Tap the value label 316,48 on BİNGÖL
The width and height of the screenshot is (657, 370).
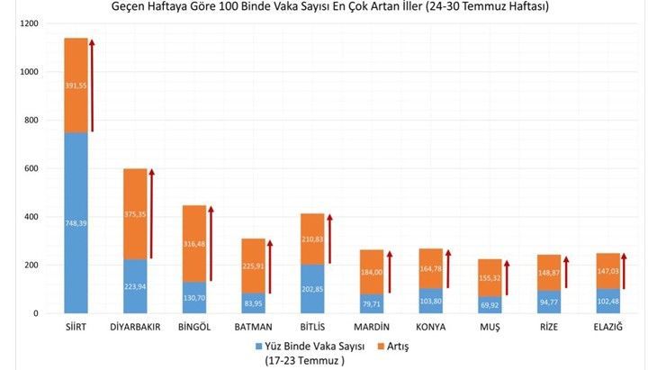tap(193, 242)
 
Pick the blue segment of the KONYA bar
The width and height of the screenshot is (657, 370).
tap(430, 301)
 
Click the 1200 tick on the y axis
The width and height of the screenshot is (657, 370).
tap(30, 23)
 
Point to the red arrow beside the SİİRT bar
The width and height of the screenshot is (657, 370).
tap(92, 86)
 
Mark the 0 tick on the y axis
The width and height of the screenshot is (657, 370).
tap(38, 313)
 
